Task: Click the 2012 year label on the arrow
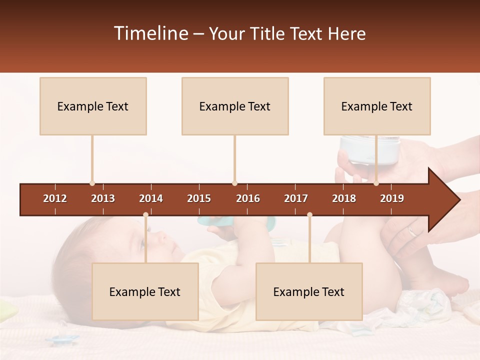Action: [x=55, y=198]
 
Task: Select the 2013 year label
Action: [x=103, y=198]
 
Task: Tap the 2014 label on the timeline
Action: [x=151, y=198]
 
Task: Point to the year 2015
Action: [x=199, y=198]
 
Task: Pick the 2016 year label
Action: [x=248, y=198]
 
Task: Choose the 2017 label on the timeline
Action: [x=296, y=198]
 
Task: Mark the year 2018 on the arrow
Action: [x=344, y=198]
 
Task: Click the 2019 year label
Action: [x=392, y=198]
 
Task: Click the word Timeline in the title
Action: [x=150, y=33]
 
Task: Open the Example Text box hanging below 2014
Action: [x=145, y=291]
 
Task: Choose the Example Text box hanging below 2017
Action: [x=309, y=291]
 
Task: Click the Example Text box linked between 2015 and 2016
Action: [x=235, y=106]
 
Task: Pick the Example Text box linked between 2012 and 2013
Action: [x=93, y=106]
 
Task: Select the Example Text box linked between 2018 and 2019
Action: [x=377, y=106]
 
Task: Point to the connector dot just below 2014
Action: [x=145, y=215]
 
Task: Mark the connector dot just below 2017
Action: [x=309, y=215]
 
